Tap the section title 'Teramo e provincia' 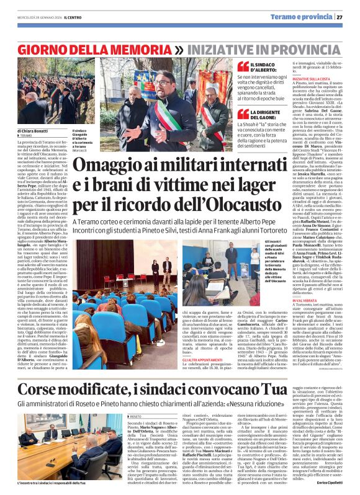pos(310,17)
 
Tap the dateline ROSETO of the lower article pos(135,400)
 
